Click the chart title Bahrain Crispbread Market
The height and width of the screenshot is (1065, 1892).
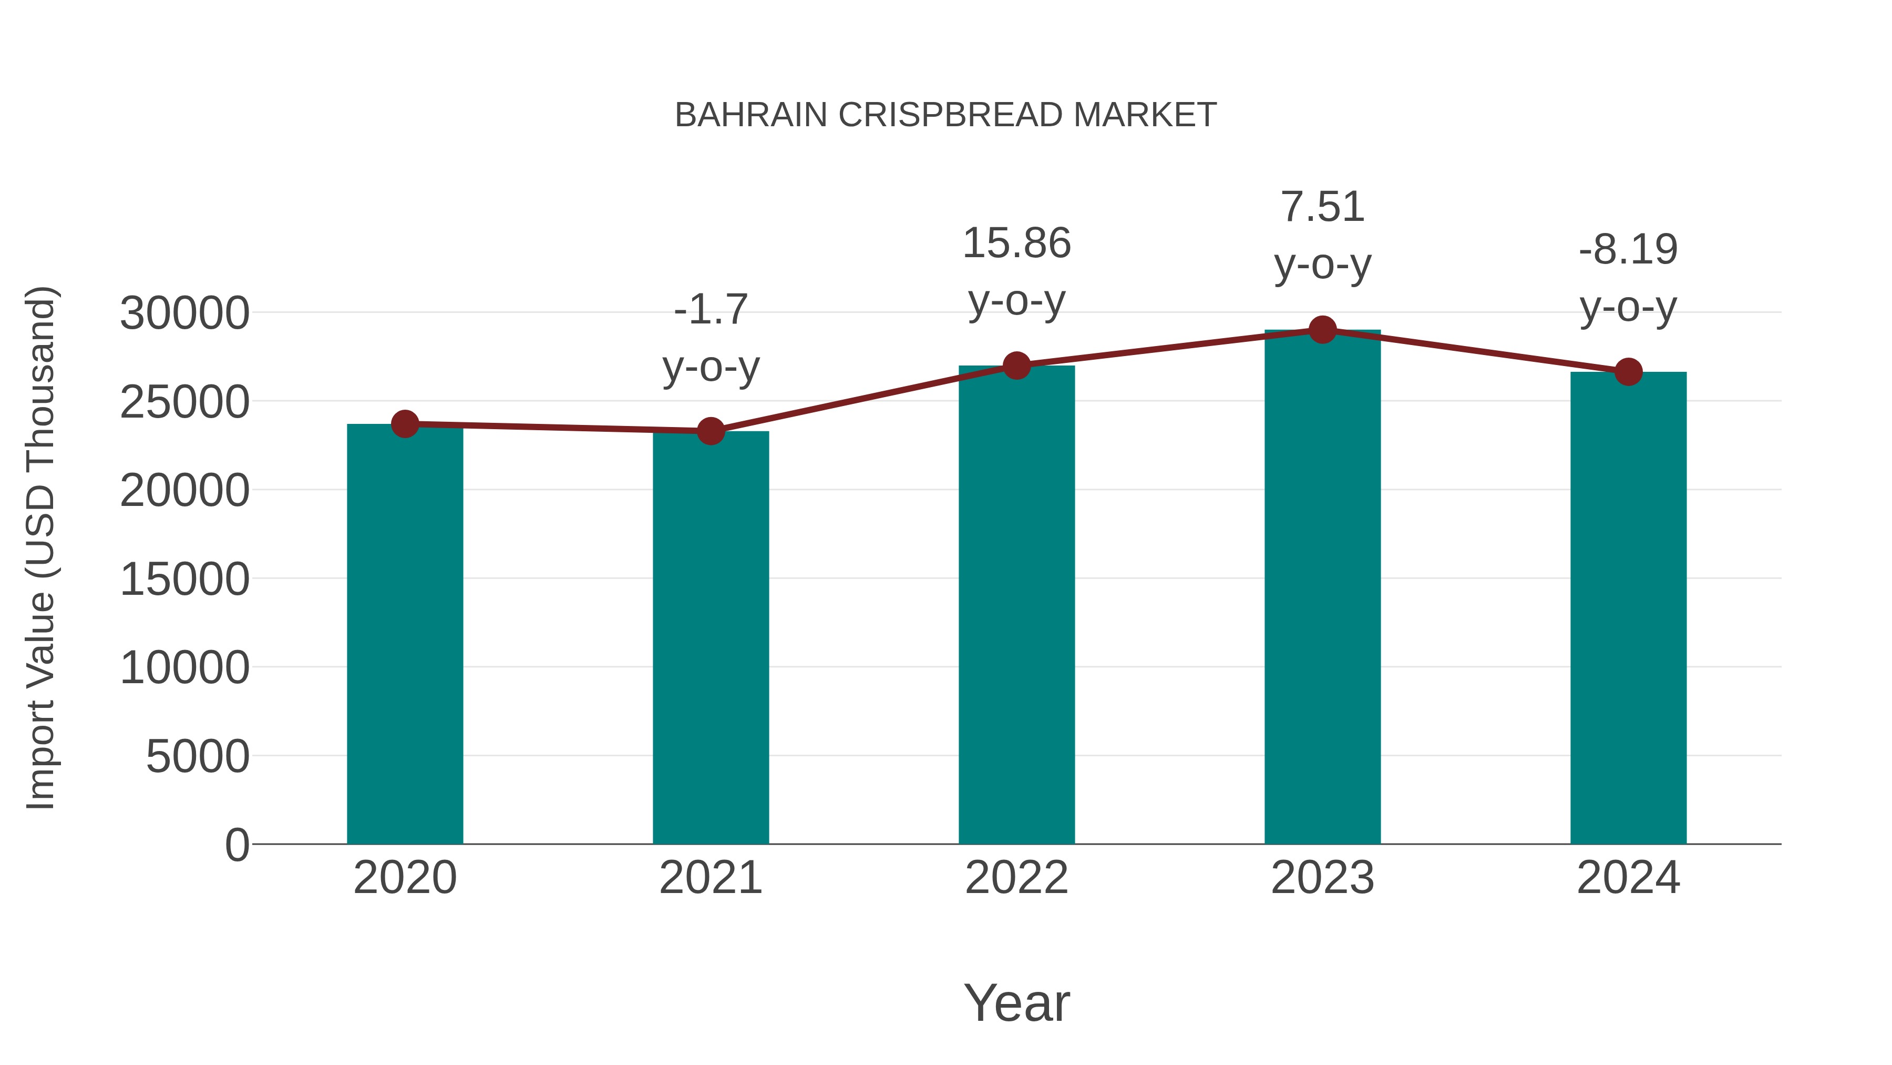tap(945, 115)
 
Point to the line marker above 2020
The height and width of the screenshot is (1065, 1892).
tap(405, 424)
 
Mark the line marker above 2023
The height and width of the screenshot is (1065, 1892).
tap(1322, 330)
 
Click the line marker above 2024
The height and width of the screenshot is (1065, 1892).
tap(1628, 372)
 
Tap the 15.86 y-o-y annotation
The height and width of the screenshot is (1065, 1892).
tap(1016, 271)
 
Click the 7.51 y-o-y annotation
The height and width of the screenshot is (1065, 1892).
tap(1322, 235)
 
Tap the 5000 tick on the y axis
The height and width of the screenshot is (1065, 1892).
tap(198, 756)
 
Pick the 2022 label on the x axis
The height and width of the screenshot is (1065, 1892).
tap(1016, 878)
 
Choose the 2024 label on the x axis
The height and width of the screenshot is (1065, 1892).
tap(1628, 878)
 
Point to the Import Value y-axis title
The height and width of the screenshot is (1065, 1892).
tap(41, 547)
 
